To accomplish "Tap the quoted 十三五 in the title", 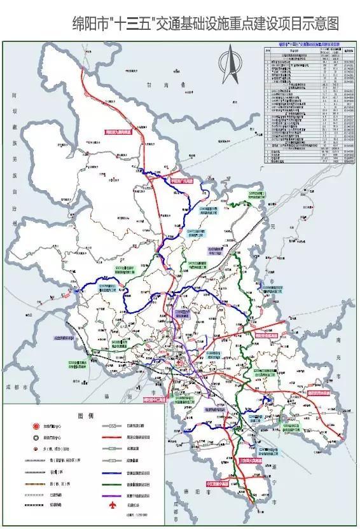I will pos(132,25).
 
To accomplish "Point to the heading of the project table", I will pos(307,46).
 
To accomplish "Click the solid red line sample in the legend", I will pos(112,438).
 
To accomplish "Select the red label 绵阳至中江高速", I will pos(154,401).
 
